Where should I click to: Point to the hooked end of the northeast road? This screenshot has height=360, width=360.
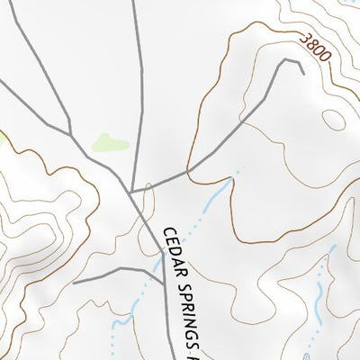[x=302, y=70]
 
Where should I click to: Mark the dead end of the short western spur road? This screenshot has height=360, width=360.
[x=74, y=283]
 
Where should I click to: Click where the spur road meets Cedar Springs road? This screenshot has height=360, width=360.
[x=162, y=267]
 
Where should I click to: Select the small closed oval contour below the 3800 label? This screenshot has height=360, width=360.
[x=334, y=117]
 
